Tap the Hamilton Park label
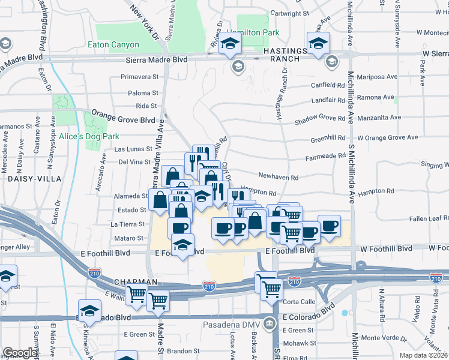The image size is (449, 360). click(x=252, y=32)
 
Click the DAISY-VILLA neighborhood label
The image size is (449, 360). click(x=31, y=178)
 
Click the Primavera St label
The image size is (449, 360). click(x=139, y=77)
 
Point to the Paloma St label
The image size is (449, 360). click(x=143, y=93)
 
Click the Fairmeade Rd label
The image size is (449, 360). click(x=324, y=157)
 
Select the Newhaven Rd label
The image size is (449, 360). click(x=278, y=178)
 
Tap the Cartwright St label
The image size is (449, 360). click(x=289, y=13)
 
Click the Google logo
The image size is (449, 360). click(x=20, y=353)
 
